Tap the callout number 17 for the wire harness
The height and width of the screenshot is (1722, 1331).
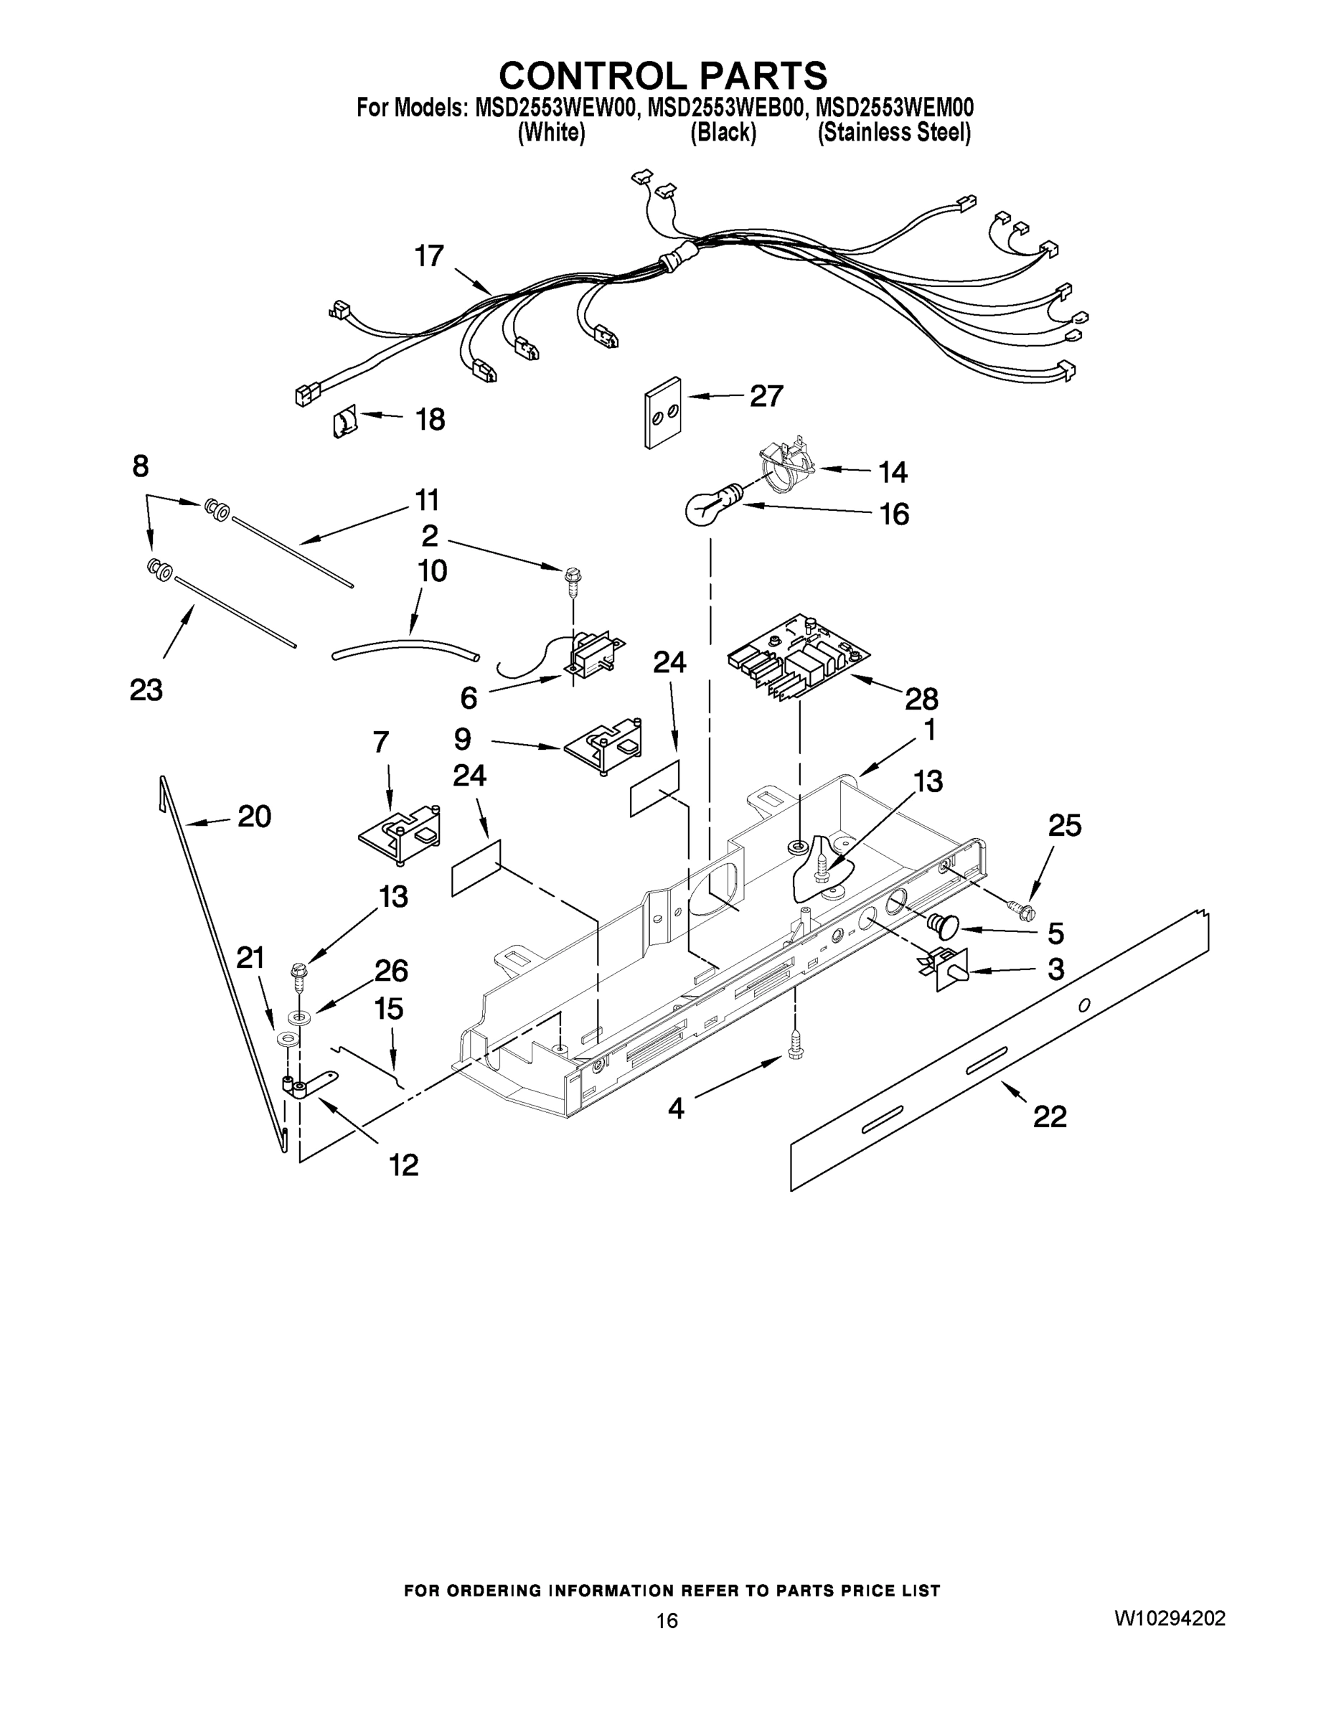tap(430, 256)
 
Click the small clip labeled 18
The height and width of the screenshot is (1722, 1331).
tap(345, 422)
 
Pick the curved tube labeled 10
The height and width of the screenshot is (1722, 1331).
tap(405, 648)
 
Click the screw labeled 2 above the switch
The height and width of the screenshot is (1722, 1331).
tap(572, 584)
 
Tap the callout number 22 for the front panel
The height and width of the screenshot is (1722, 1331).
tap(1050, 1116)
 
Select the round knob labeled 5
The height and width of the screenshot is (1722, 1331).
tap(942, 925)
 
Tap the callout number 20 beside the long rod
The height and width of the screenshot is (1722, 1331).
tap(254, 817)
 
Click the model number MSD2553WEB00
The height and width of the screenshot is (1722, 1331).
tap(725, 107)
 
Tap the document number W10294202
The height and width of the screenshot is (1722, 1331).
tap(1170, 1618)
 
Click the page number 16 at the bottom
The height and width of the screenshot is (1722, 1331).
tap(667, 1620)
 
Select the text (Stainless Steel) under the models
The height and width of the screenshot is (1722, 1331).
tap(893, 133)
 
